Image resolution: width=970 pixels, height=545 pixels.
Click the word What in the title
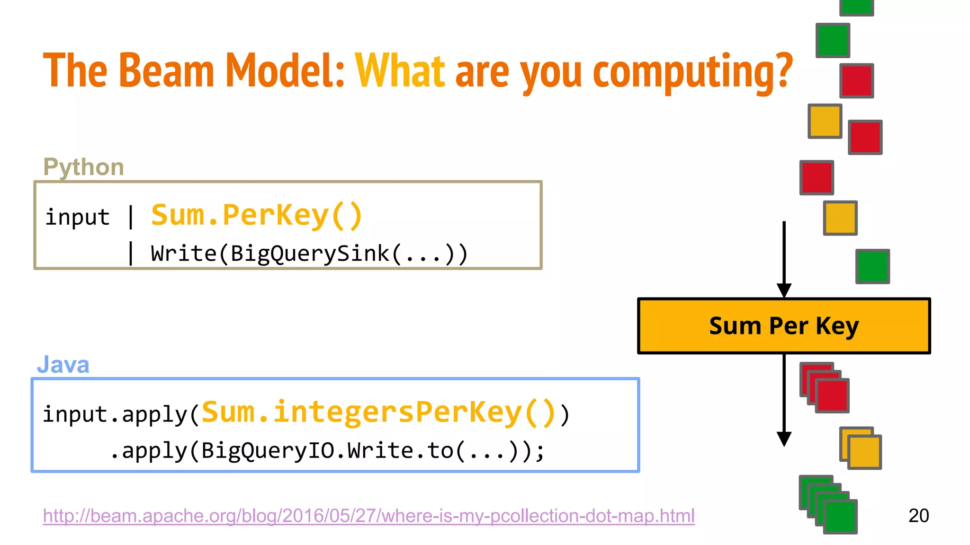point(400,71)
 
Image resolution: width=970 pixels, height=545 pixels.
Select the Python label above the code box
point(83,167)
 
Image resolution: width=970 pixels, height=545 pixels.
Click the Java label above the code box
point(63,365)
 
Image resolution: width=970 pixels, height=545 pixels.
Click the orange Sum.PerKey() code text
point(257,216)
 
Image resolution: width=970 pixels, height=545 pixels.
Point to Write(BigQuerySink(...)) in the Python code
point(309,254)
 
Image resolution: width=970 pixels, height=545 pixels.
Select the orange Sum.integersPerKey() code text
point(378,413)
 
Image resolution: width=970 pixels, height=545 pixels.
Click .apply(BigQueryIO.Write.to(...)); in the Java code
point(327,451)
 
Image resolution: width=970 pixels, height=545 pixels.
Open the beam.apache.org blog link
point(368,516)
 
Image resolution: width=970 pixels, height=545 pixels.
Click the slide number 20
point(918,516)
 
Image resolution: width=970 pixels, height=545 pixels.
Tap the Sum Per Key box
point(784,326)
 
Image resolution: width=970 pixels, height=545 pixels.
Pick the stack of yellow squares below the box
point(861,448)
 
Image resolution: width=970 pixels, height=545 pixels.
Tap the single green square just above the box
point(872,266)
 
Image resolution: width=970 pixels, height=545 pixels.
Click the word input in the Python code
point(77,217)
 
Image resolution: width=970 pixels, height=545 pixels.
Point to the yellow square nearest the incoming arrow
point(840,218)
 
